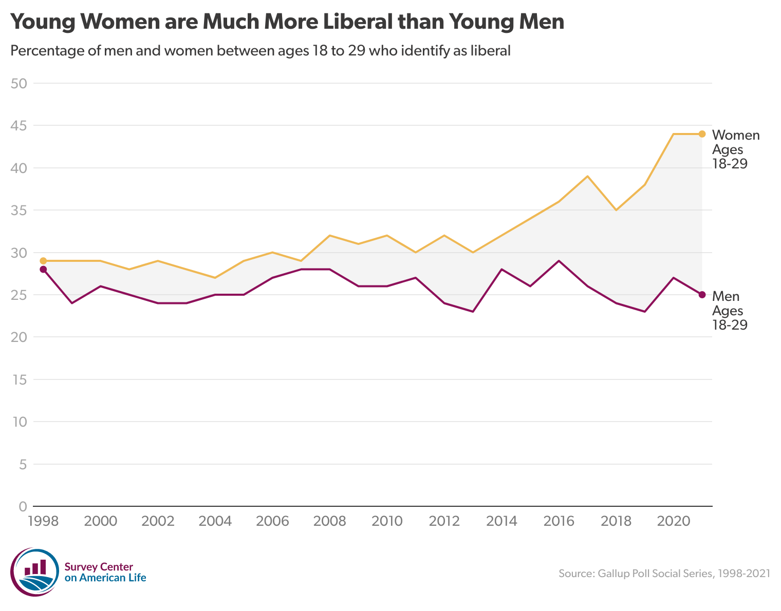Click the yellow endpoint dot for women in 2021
[x=702, y=134]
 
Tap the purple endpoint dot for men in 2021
[x=702, y=295]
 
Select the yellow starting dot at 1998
[x=43, y=261]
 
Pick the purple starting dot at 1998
[x=43, y=270]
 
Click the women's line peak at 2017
[x=587, y=176]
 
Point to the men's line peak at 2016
[x=559, y=261]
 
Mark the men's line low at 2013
[x=473, y=312]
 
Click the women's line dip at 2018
[x=616, y=210]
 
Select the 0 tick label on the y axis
[x=22, y=507]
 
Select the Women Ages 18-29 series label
[x=735, y=149]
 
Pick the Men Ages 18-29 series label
[x=729, y=310]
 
